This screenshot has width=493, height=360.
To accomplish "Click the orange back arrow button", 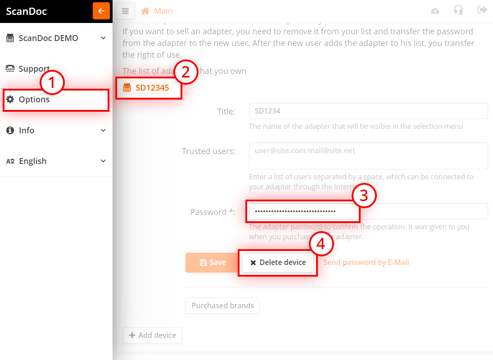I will [x=101, y=11].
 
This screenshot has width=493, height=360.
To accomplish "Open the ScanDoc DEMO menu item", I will [x=56, y=38].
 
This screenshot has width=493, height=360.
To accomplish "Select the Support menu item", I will [x=34, y=69].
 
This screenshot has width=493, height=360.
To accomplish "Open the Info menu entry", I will [x=56, y=130].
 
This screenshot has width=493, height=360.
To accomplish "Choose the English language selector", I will [x=56, y=161].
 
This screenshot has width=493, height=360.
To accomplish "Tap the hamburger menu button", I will [x=126, y=11].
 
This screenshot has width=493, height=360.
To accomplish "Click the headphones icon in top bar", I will [x=458, y=10].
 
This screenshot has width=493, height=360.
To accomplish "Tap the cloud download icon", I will [x=435, y=11].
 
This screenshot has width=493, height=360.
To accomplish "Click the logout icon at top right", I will [x=482, y=10].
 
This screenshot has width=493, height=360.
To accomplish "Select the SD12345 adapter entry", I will [x=152, y=88].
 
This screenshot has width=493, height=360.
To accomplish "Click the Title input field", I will [x=368, y=111].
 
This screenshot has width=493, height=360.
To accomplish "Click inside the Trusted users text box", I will [x=368, y=156].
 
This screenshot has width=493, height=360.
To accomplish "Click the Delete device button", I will [x=277, y=263].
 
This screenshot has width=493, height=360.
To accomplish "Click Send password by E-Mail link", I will [x=366, y=262].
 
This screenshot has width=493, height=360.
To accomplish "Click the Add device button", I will [x=152, y=335].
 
